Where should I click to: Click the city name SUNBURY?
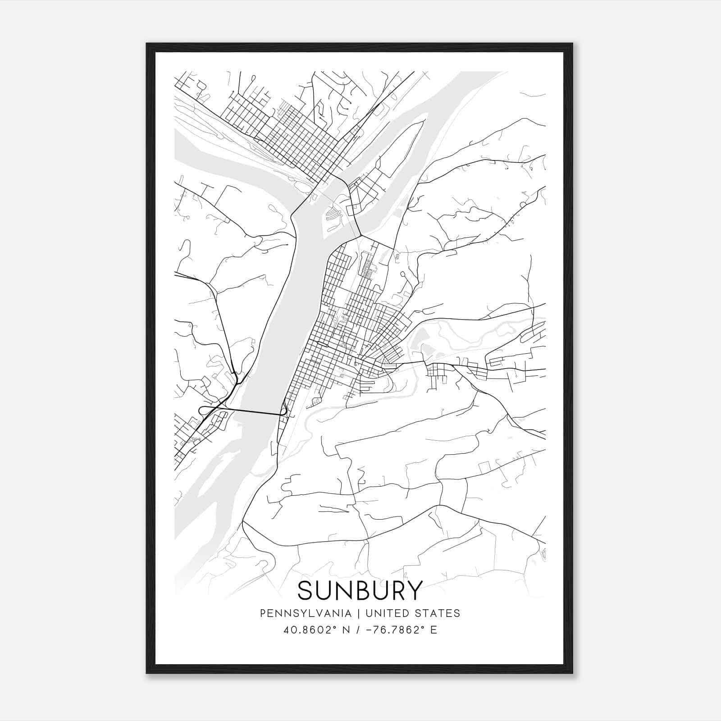pos(360,590)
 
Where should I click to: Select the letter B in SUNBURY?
pos(360,590)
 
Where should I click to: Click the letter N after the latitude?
pos(346,630)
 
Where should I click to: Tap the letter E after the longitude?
pos(434,630)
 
